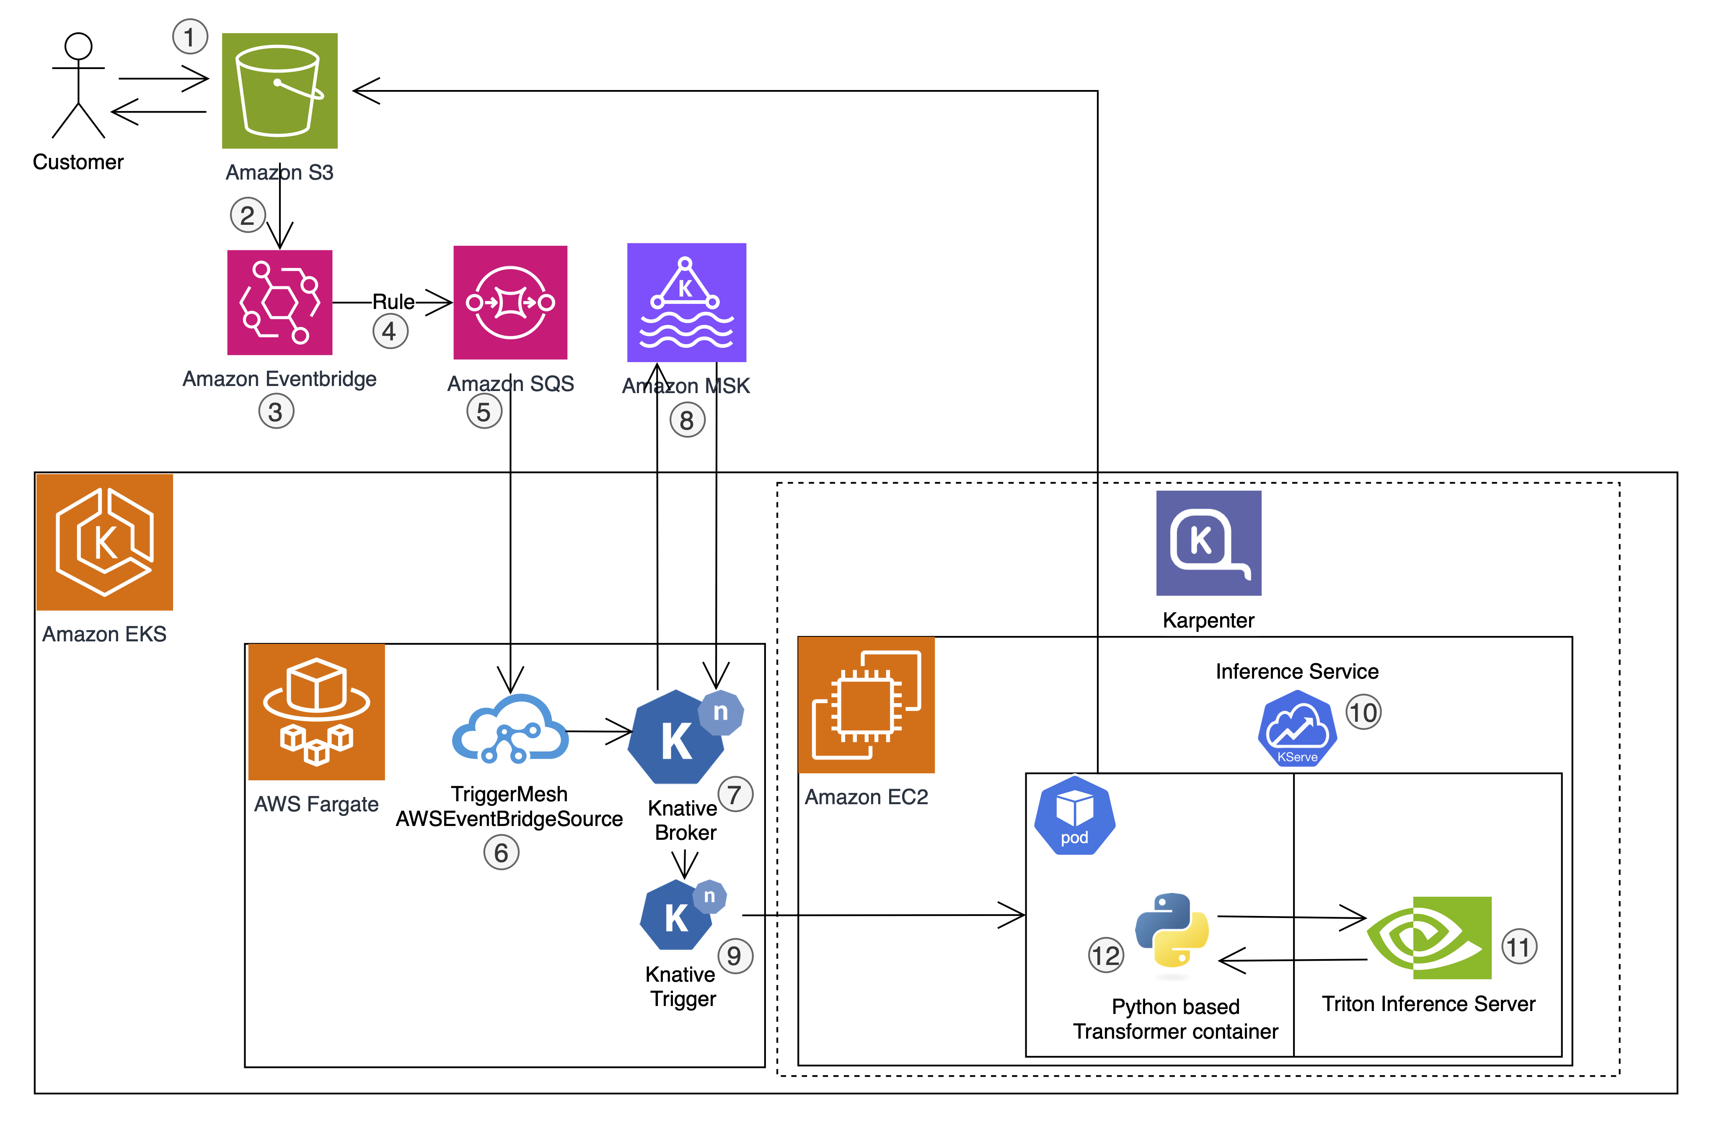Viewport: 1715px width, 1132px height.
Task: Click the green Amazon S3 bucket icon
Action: (279, 91)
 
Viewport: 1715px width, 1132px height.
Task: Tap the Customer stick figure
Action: (78, 85)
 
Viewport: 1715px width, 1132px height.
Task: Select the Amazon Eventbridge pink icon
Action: (279, 303)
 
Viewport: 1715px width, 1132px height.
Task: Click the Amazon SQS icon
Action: (510, 303)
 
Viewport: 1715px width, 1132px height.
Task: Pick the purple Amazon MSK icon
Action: (686, 303)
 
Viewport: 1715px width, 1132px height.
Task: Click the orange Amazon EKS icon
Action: (105, 542)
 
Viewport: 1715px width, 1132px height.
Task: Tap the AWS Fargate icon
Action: (316, 712)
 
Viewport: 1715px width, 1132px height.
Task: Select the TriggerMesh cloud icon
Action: (510, 729)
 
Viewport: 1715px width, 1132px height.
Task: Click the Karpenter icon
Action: (1208, 543)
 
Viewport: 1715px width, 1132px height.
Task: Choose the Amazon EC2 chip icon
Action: (866, 705)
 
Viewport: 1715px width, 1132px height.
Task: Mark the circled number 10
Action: (1363, 713)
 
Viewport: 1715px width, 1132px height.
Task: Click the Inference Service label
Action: (1297, 671)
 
